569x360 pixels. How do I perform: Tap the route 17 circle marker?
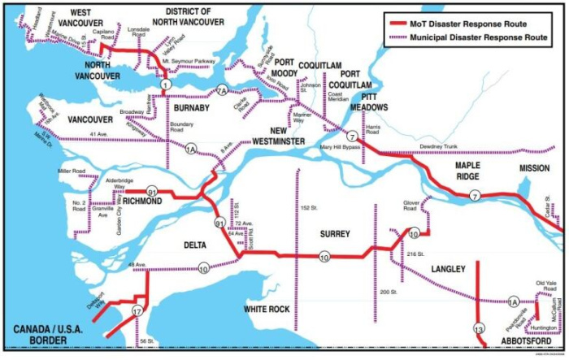(x=137, y=311)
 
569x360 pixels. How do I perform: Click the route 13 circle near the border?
(x=478, y=328)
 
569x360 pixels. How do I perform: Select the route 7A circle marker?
(x=222, y=91)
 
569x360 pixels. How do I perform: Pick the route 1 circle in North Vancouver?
(x=166, y=85)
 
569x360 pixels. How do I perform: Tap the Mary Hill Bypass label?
(x=341, y=147)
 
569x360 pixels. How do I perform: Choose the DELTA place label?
(x=196, y=244)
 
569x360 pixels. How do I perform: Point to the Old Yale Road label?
(x=546, y=285)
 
